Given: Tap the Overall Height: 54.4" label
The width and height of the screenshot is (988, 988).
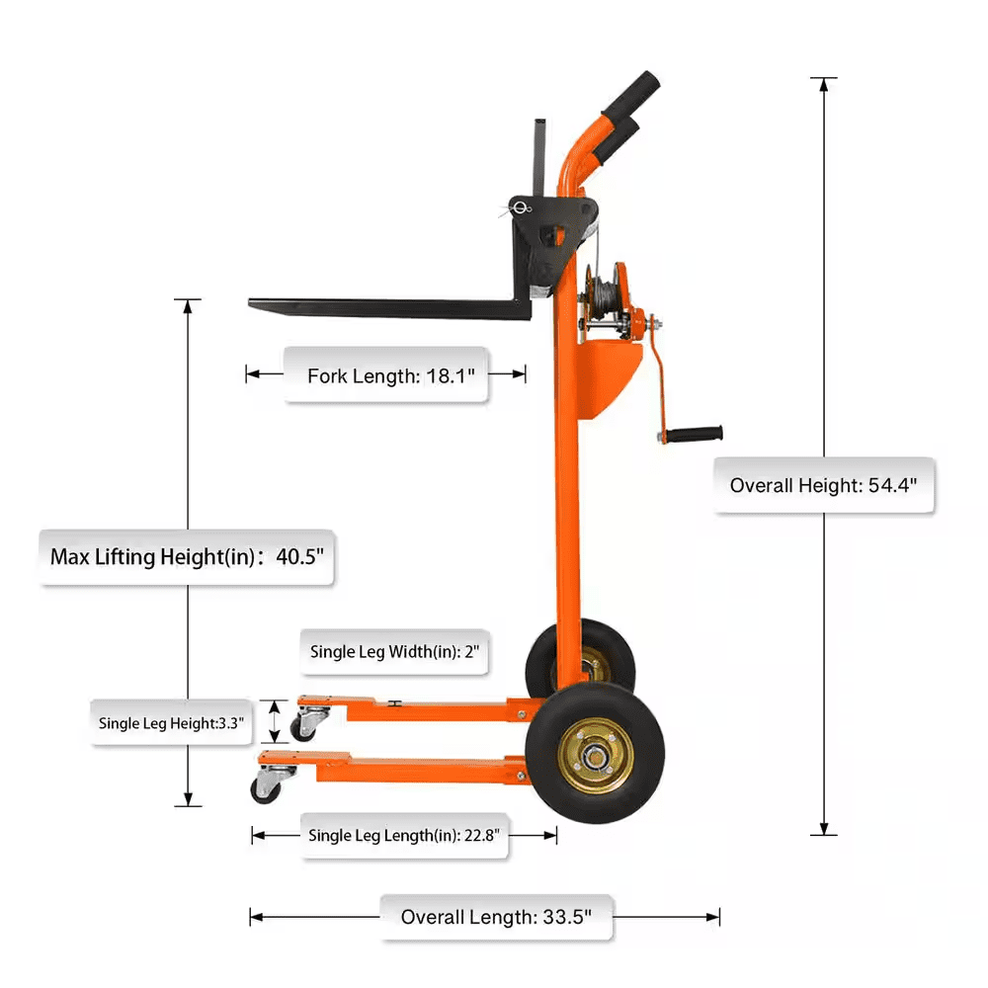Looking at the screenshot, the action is pos(823,485).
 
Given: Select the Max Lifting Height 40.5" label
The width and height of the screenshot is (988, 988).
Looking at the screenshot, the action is pos(187,557).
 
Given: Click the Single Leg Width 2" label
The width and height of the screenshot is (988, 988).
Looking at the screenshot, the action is pos(394,651).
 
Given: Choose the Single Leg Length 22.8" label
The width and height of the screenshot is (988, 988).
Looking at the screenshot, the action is pos(406,835).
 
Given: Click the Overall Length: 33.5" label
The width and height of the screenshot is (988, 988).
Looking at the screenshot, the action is pos(495,917).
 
